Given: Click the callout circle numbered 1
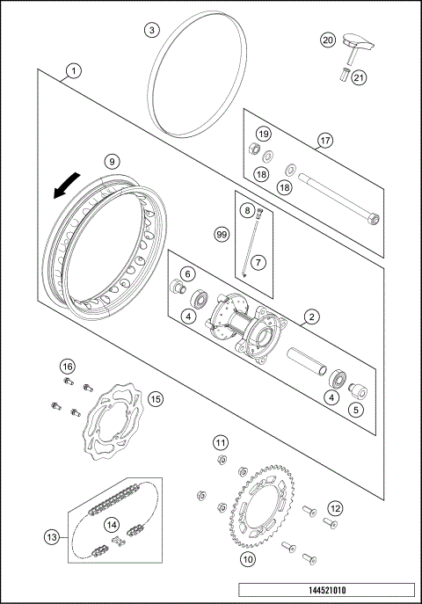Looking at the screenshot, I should (x=74, y=69).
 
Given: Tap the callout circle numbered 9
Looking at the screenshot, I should (x=111, y=161).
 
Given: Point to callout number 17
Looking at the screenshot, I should (x=324, y=140).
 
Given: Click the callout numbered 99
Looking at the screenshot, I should (x=222, y=234).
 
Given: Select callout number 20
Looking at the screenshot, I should (x=327, y=40).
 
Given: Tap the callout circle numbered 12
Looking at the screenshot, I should (x=335, y=507).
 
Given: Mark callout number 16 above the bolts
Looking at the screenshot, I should (x=67, y=366).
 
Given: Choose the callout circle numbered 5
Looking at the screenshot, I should (x=356, y=408).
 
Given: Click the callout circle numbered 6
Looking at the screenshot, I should (x=187, y=274).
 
